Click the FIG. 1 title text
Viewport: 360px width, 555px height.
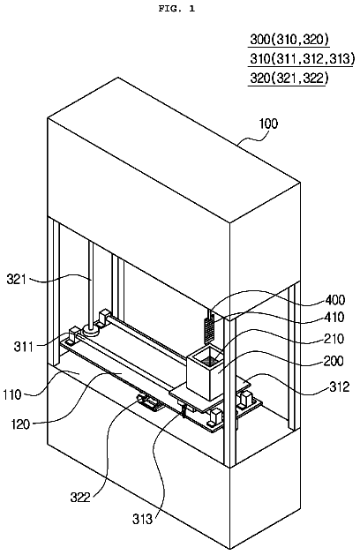tap(176, 9)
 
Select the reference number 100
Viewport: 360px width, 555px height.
tap(268, 124)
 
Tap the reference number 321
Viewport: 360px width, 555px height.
tap(17, 280)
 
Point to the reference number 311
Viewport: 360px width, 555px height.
tap(23, 346)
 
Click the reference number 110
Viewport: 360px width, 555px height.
tap(12, 394)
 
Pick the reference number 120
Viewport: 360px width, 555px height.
tap(20, 424)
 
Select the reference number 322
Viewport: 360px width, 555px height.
tap(80, 498)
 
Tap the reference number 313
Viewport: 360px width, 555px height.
tap(143, 519)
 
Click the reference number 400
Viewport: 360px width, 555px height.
tap(335, 300)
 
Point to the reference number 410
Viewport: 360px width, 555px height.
tap(334, 317)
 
